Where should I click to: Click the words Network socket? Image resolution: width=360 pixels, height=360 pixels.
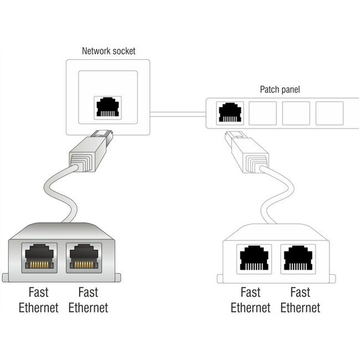109,51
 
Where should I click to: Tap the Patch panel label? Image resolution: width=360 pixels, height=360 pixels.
280,89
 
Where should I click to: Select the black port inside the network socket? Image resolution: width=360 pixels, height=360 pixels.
109,107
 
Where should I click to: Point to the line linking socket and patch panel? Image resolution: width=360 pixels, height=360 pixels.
178,114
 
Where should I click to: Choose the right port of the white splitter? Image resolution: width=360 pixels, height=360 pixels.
300,258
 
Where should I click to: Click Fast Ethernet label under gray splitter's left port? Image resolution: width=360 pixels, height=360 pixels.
38,300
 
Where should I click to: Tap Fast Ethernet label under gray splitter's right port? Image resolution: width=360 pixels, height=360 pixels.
88,300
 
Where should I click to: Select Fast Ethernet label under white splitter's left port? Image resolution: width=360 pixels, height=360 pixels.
250,300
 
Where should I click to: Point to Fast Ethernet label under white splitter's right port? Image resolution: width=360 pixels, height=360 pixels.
300,300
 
